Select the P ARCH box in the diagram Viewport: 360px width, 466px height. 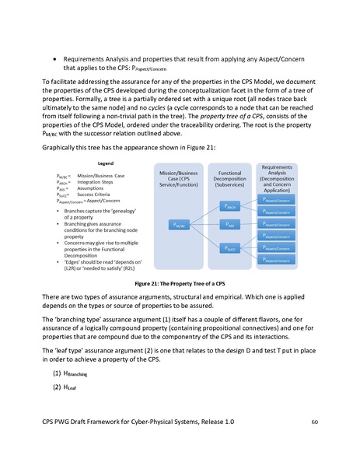pos(229,208)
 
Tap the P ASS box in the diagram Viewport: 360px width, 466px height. pos(229,226)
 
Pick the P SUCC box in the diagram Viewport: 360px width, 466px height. pos(229,249)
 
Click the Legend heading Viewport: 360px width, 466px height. pos(106,164)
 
